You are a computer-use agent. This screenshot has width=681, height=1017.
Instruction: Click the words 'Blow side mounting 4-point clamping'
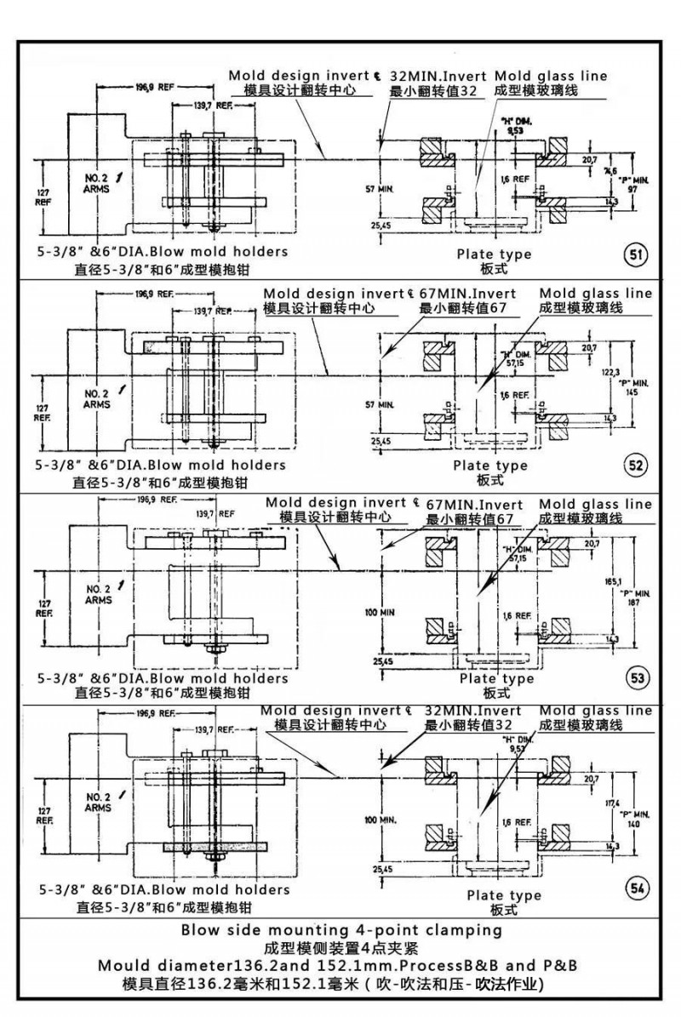(x=342, y=931)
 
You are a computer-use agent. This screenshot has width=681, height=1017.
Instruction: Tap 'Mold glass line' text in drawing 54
(x=597, y=710)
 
